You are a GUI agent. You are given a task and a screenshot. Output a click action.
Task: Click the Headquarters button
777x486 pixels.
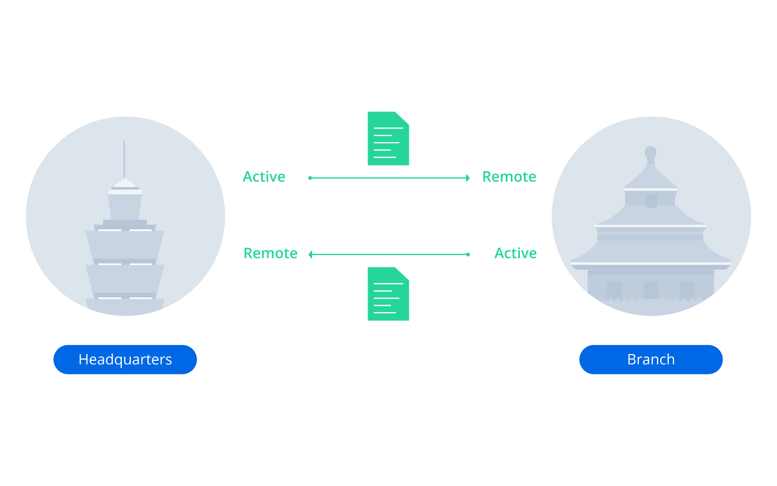[125, 360]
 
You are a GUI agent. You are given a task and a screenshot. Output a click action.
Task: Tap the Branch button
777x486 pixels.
[651, 360]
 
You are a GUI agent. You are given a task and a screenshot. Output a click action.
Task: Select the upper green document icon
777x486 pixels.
[388, 139]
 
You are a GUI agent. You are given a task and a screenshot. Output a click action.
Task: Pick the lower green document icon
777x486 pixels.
[388, 294]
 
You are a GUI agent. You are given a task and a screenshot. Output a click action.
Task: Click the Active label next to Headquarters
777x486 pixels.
[264, 177]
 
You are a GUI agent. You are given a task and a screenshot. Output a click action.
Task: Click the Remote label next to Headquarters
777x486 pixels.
[270, 253]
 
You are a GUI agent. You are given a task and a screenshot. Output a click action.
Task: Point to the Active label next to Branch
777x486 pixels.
[515, 253]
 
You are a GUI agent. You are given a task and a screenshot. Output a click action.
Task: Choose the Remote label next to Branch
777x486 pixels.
[509, 177]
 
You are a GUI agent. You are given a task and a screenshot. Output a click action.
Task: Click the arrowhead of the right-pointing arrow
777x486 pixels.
[468, 178]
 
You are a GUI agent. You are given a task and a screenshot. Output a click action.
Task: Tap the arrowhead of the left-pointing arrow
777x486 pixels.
[310, 255]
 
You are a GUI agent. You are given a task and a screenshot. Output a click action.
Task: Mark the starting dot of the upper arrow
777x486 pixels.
[310, 178]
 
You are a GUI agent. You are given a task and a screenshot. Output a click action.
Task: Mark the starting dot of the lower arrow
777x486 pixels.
[468, 255]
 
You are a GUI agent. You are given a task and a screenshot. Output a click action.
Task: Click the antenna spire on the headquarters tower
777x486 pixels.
[124, 159]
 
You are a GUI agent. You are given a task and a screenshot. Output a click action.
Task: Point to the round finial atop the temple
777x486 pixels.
[651, 152]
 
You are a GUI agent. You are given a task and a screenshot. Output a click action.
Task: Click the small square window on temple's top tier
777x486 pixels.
[651, 201]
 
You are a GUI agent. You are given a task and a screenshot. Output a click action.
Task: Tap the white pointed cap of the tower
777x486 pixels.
[125, 184]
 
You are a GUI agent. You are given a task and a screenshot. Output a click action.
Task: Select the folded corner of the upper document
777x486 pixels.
[403, 117]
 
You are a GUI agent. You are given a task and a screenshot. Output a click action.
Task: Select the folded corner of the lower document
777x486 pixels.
[403, 272]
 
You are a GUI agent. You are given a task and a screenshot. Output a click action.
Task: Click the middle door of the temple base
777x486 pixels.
[651, 290]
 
